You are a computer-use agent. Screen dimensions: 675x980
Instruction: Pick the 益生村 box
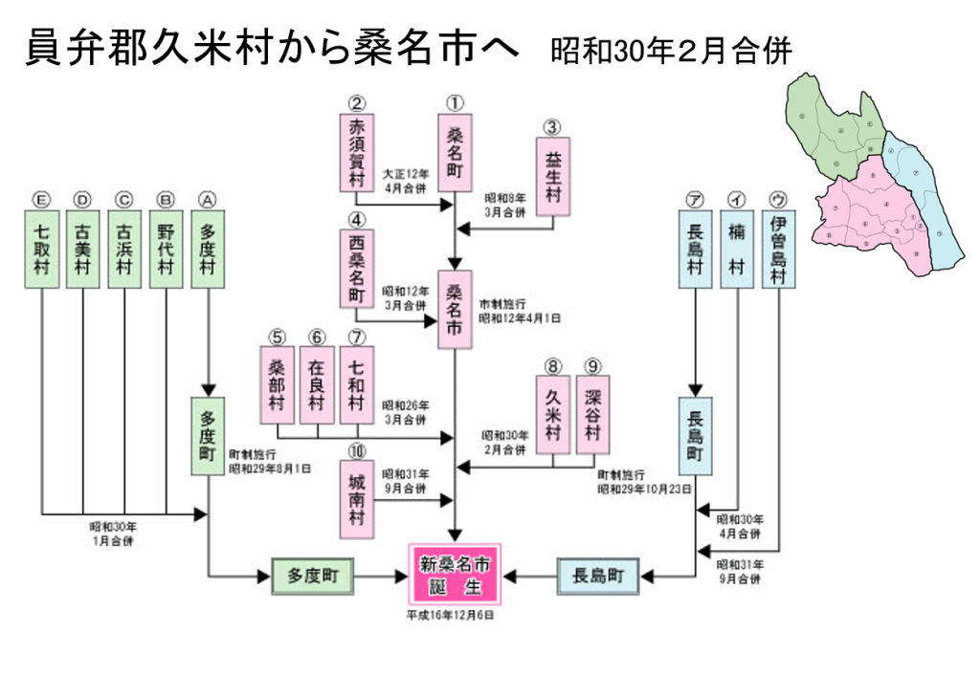(x=552, y=176)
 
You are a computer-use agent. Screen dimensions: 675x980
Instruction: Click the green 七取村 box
(x=41, y=248)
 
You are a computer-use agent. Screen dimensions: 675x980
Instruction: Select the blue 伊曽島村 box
(x=778, y=248)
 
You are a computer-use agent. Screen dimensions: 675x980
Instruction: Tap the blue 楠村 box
(x=736, y=248)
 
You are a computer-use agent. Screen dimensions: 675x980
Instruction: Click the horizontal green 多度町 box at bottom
(x=313, y=576)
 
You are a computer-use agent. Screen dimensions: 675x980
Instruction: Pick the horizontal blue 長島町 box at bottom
(x=598, y=576)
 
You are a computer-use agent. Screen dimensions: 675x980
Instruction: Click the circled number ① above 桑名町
(x=455, y=102)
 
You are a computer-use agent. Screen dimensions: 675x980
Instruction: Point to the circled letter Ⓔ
(x=41, y=199)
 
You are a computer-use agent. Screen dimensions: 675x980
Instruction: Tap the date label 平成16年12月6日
(x=450, y=615)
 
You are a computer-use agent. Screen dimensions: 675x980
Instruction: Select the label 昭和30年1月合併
(x=114, y=533)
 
